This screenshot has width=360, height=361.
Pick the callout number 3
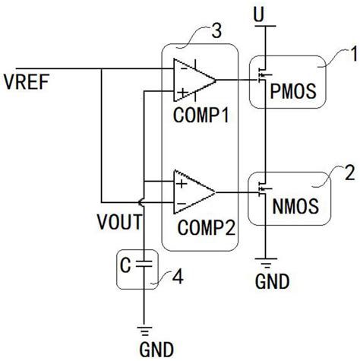(x=217, y=33)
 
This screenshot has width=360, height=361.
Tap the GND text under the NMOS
(x=271, y=283)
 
